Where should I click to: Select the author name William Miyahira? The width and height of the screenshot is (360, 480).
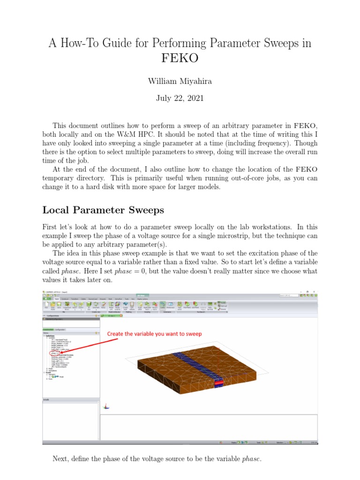pos(180,81)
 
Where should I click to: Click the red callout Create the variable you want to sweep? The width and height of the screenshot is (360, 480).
pos(155,334)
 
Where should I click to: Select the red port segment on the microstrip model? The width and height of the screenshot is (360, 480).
pos(218,384)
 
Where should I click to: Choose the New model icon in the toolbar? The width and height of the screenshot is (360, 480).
pos(46,306)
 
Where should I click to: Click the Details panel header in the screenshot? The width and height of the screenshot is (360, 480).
pos(46,400)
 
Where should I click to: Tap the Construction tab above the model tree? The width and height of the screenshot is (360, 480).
pos(48,330)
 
